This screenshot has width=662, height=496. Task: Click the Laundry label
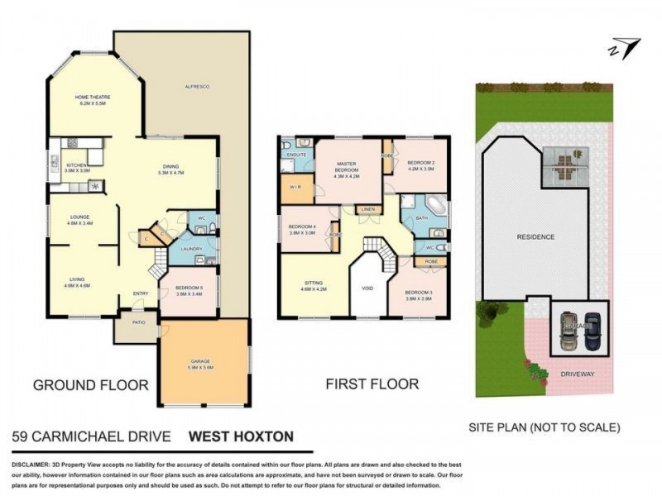point(192,248)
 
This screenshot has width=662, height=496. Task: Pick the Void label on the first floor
point(367,289)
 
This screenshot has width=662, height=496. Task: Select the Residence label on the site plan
point(535,236)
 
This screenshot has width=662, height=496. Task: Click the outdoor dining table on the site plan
point(565,168)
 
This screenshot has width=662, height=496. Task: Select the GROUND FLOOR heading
point(91,385)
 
